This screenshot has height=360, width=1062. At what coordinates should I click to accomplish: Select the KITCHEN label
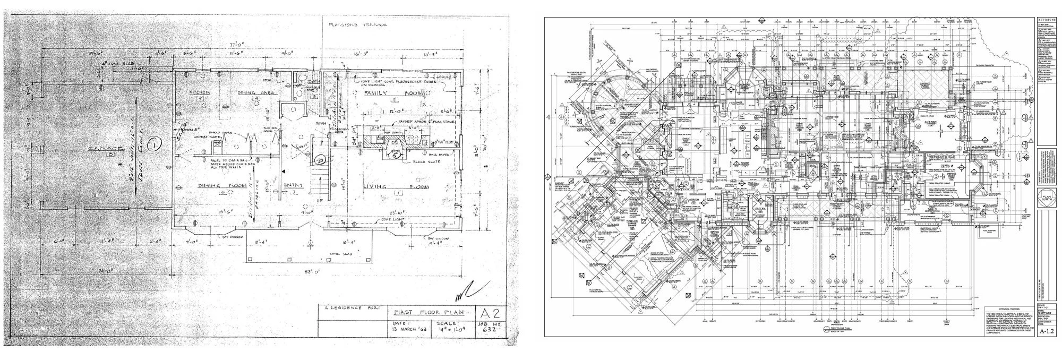pyautogui.click(x=197, y=92)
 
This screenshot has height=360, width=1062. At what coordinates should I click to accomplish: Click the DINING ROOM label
pyautogui.click(x=213, y=185)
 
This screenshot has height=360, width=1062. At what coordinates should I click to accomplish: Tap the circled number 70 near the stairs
pyautogui.click(x=320, y=159)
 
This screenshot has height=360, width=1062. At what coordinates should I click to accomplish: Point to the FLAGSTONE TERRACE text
pyautogui.click(x=357, y=24)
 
